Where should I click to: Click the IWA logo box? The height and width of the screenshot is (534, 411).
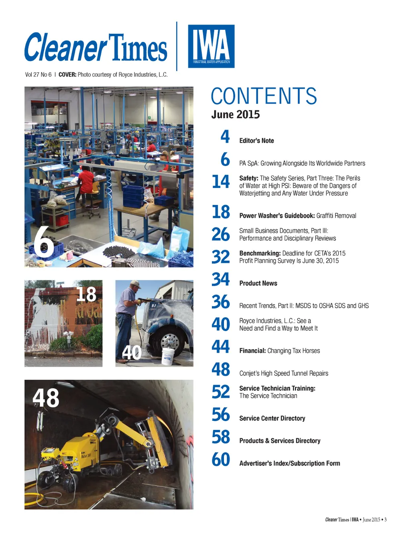211,46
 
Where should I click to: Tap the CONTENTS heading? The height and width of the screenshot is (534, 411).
264,96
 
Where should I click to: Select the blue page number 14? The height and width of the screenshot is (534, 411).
221,182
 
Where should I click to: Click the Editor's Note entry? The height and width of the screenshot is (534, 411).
256,141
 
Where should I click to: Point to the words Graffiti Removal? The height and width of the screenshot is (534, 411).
336,216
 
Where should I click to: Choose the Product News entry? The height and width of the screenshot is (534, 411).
258,283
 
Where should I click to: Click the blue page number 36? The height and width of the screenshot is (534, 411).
221,302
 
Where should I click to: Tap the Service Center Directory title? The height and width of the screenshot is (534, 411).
272,418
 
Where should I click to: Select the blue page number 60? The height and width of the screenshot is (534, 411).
221,460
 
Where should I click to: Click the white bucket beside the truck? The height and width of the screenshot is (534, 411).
168,356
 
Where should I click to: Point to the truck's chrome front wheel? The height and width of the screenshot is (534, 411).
170,342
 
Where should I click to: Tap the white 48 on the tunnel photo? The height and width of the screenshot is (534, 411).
46,398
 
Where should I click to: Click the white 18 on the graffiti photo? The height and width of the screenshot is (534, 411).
86,294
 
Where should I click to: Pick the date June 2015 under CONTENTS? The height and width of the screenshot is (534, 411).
236,115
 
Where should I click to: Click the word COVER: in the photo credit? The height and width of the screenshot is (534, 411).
67,75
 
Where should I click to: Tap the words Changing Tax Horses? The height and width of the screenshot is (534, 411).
293,351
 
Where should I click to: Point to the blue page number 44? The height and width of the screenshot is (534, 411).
221,347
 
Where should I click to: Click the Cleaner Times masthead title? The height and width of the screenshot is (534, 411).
96,48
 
